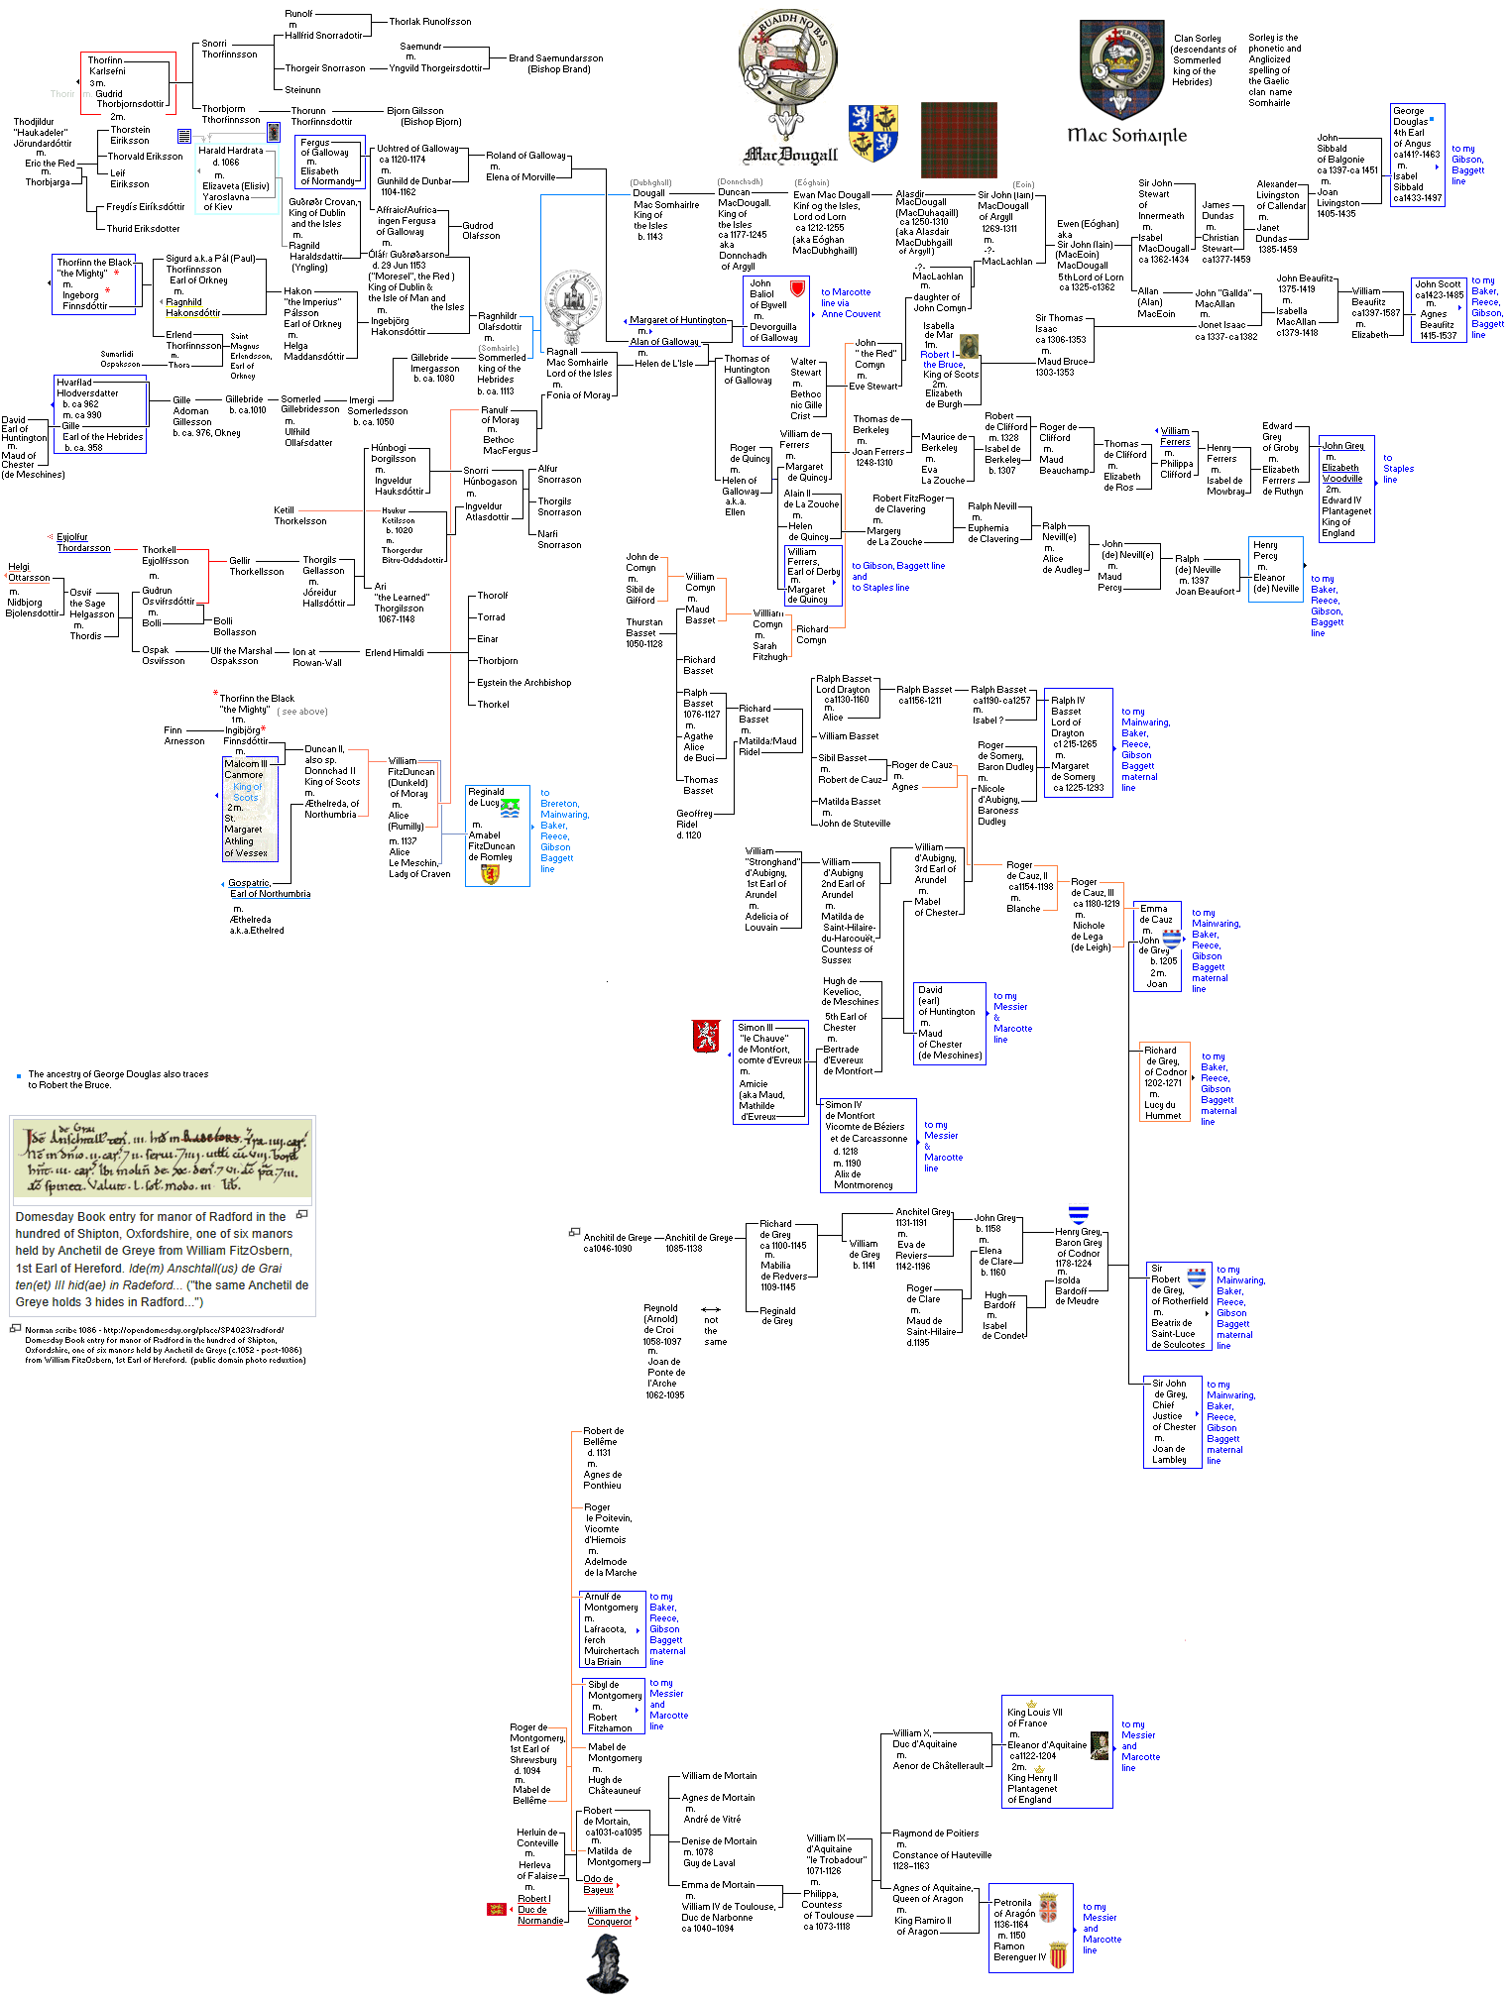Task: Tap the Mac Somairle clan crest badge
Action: (x=1121, y=69)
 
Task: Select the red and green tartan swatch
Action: (x=958, y=139)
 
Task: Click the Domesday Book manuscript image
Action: (x=163, y=1161)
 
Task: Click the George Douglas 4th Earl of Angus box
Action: (x=1417, y=155)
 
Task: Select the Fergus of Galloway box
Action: (x=330, y=162)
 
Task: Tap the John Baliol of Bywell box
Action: (x=775, y=310)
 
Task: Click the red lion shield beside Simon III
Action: (x=706, y=1037)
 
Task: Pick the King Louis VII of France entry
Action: (x=1035, y=1718)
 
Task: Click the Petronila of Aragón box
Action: (x=1030, y=1928)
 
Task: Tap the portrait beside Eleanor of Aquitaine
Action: (x=1100, y=1746)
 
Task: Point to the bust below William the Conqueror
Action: (x=607, y=1964)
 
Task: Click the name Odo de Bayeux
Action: (x=598, y=1884)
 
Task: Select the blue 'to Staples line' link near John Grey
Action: (x=1398, y=469)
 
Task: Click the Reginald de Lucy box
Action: (x=497, y=835)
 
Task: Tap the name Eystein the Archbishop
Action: (x=523, y=683)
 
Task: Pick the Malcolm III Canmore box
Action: (x=250, y=809)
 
